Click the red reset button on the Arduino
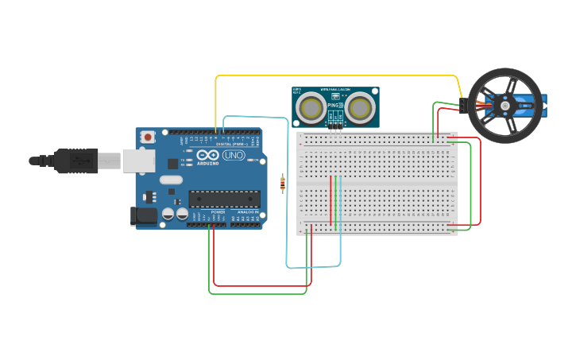click(147, 137)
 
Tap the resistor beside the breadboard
click(284, 184)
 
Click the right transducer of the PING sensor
click(361, 108)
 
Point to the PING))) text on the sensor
click(335, 105)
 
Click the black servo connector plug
click(462, 105)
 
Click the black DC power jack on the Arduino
click(144, 215)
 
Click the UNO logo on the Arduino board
click(234, 155)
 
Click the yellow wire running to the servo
click(334, 76)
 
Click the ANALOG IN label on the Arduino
click(246, 212)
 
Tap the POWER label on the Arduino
click(218, 212)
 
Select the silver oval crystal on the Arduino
click(171, 180)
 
